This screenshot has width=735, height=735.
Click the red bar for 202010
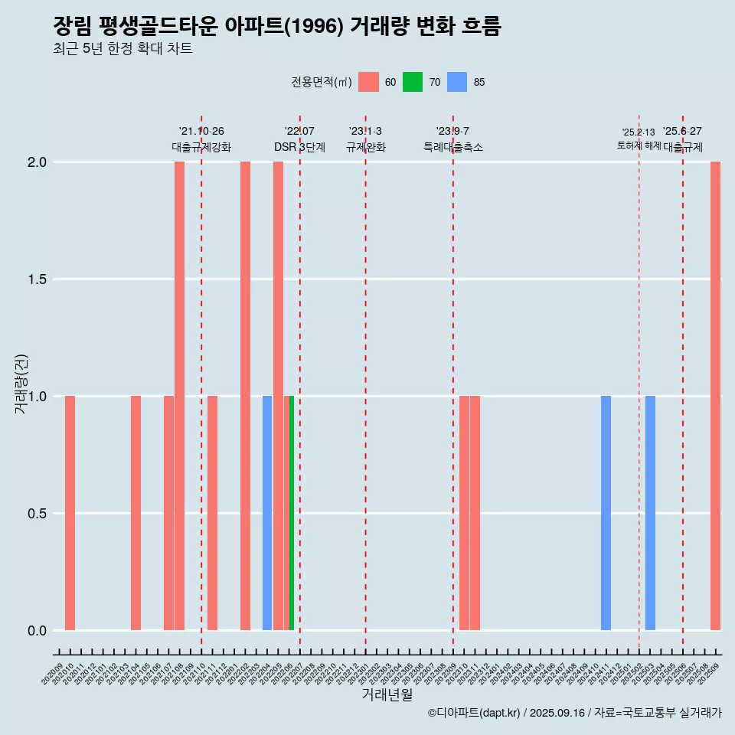point(70,513)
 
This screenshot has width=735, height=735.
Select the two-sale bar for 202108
point(179,396)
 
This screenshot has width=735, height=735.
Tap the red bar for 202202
point(245,396)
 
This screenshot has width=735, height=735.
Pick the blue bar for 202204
point(267,513)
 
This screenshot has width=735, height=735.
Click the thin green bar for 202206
point(292,513)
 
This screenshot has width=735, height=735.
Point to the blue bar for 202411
point(606,513)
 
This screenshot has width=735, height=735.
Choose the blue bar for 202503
point(650,513)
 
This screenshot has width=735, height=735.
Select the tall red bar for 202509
point(715,396)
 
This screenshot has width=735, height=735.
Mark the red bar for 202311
point(475,513)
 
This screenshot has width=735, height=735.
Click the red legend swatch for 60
point(369,82)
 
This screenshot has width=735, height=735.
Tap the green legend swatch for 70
point(413,82)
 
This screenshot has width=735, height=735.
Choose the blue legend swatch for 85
point(457,82)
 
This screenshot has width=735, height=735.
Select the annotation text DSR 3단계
point(300,147)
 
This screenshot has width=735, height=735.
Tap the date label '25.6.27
point(682,132)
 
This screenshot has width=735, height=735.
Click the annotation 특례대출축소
point(453,147)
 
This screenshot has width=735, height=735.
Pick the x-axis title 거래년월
point(387,694)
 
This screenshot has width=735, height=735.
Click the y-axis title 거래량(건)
point(21,384)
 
